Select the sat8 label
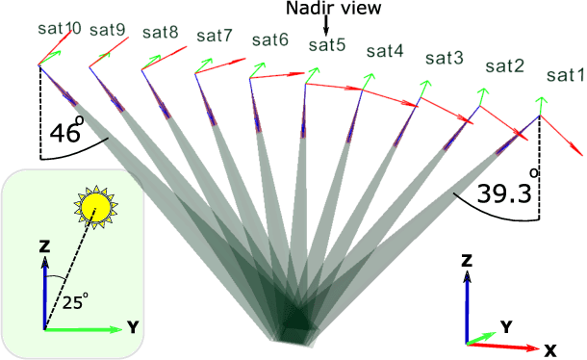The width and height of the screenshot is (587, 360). pos(160,32)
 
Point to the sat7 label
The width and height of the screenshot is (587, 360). pos(214,36)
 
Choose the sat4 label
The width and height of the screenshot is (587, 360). pos(385,51)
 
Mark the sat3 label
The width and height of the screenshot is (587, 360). pos(445,59)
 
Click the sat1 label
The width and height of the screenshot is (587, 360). pos(564,74)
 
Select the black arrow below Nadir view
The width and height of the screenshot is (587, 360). pos(325,29)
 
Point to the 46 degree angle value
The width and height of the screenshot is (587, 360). pos(64,133)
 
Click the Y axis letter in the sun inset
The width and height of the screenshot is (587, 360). pos(131,327)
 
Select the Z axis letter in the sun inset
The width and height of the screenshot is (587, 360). pos(44,246)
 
